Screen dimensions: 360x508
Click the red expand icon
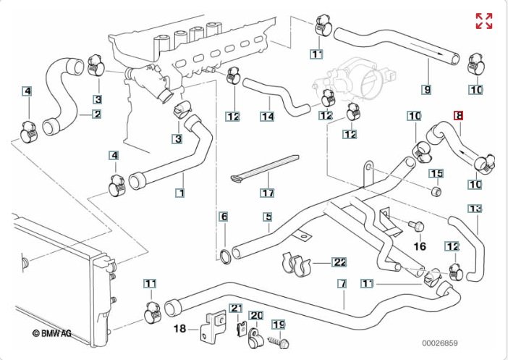click(x=483, y=21)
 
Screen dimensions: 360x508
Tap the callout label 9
click(x=427, y=90)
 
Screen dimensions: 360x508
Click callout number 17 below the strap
click(x=268, y=193)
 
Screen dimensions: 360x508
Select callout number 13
click(x=475, y=209)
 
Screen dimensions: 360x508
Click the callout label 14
click(x=267, y=116)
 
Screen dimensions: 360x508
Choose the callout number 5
click(x=267, y=217)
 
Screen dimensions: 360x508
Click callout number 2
click(x=96, y=114)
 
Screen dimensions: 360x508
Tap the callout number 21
click(x=237, y=309)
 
